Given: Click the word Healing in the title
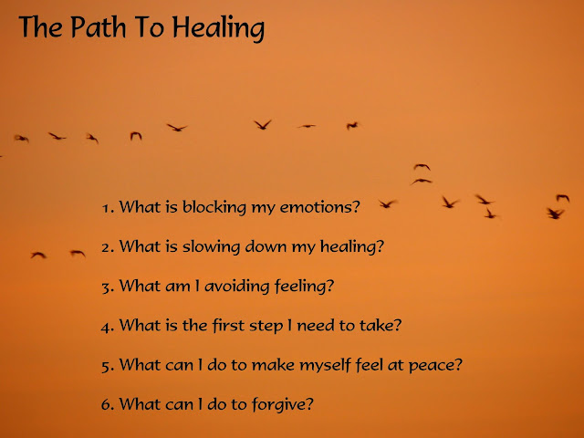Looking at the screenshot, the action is click(x=218, y=28).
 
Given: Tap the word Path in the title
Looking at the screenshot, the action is click(x=99, y=26).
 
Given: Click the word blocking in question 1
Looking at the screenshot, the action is click(x=214, y=207).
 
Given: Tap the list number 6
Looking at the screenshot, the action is click(x=107, y=405).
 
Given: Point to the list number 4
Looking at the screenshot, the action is click(x=107, y=328).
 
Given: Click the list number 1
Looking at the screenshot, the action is click(x=107, y=208).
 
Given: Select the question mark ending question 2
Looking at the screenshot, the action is click(x=380, y=246).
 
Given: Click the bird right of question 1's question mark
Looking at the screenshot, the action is click(x=387, y=203).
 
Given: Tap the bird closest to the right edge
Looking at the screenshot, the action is click(x=563, y=198).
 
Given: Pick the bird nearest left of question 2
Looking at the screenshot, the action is click(x=78, y=254).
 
